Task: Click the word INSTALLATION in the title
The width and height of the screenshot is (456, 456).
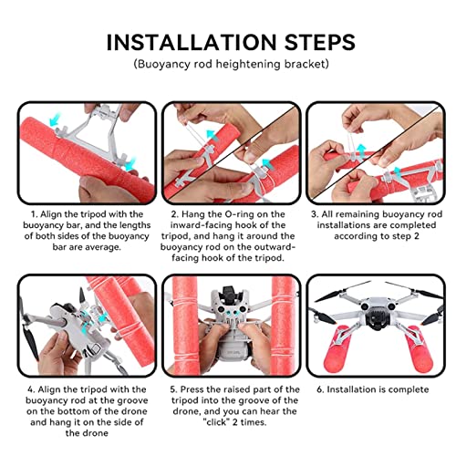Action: click(192, 42)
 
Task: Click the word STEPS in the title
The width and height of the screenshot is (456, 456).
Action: click(320, 42)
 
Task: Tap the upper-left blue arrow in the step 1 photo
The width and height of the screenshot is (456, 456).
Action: click(56, 119)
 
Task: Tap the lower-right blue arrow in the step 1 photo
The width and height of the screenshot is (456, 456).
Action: click(131, 164)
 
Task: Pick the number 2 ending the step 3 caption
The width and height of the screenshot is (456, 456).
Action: click(416, 236)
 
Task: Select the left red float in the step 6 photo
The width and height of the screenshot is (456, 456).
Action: click(336, 349)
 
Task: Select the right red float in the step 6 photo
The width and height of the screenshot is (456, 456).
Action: click(419, 349)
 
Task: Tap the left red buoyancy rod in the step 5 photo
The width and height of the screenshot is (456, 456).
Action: click(185, 326)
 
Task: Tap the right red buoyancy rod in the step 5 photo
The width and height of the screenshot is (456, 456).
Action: click(284, 326)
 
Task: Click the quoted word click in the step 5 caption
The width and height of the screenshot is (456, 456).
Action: click(216, 422)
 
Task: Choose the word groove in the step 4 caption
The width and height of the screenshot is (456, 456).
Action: click(132, 401)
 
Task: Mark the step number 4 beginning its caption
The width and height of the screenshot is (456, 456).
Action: click(31, 389)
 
